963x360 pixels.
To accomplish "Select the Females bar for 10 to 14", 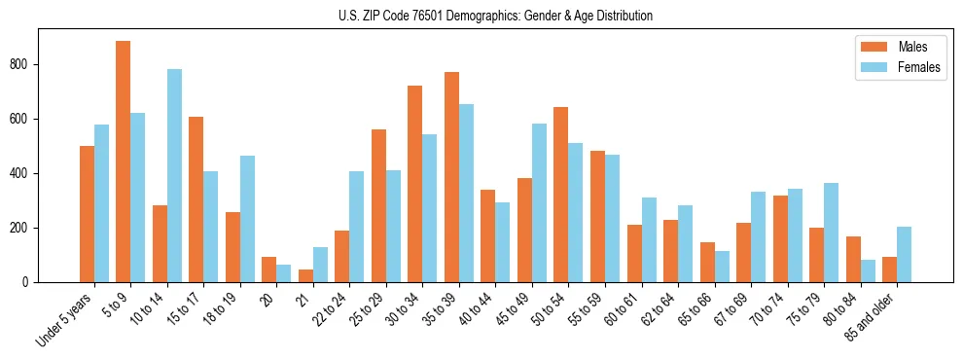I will click(174, 175).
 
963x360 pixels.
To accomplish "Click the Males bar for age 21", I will click(305, 275).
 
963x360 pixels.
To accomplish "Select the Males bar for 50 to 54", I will click(561, 195).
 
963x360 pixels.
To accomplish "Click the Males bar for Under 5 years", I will click(87, 214).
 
